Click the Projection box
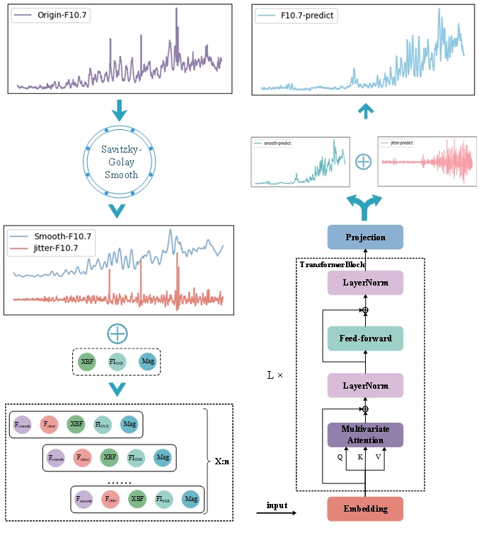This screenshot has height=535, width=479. click(365, 237)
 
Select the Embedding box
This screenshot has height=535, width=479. click(365, 509)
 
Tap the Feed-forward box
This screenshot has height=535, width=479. click(365, 339)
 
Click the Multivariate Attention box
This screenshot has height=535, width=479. click(365, 435)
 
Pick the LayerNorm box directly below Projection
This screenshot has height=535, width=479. click(365, 283)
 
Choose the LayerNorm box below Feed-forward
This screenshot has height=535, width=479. click(365, 386)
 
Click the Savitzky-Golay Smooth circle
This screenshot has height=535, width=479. click(120, 162)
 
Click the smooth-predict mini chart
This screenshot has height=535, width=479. click(300, 163)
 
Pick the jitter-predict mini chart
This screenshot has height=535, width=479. click(425, 163)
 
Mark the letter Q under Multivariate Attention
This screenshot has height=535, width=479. click(340, 457)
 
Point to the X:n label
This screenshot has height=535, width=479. click(222, 461)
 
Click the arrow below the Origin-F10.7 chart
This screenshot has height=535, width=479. click(120, 110)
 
